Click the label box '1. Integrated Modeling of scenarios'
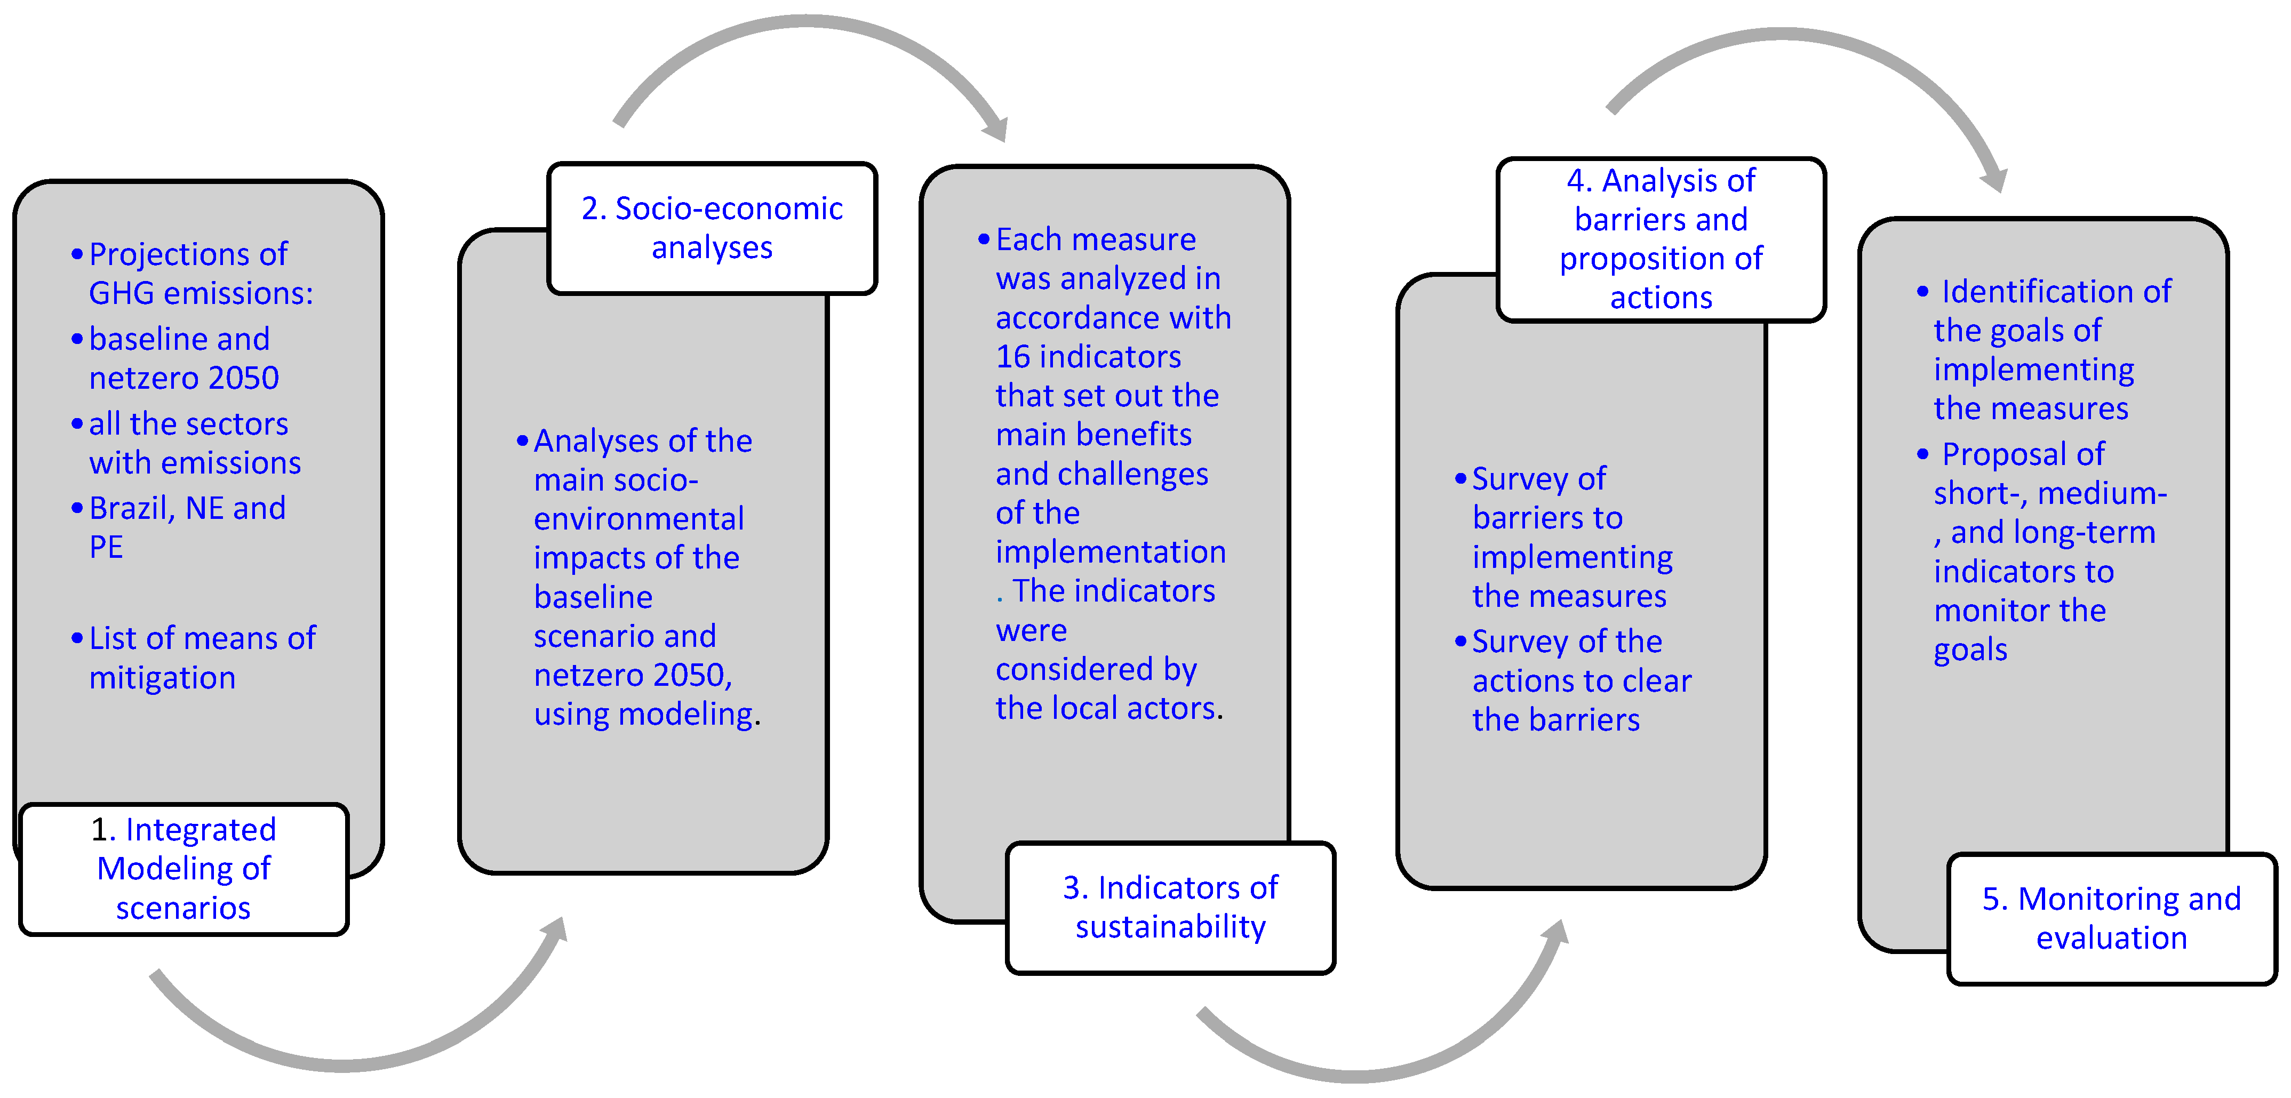point(183,869)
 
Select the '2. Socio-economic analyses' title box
point(712,228)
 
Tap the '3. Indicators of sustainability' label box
point(1170,907)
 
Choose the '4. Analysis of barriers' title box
point(1661,238)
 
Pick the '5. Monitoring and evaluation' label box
point(2111,918)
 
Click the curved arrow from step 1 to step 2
point(356,1058)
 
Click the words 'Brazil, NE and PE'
point(187,526)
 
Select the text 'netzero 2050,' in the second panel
point(632,675)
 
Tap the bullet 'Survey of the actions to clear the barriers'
point(1580,680)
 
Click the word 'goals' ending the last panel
point(1970,650)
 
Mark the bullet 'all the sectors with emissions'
point(194,443)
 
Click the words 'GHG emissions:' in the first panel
point(201,293)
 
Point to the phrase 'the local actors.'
point(1108,709)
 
